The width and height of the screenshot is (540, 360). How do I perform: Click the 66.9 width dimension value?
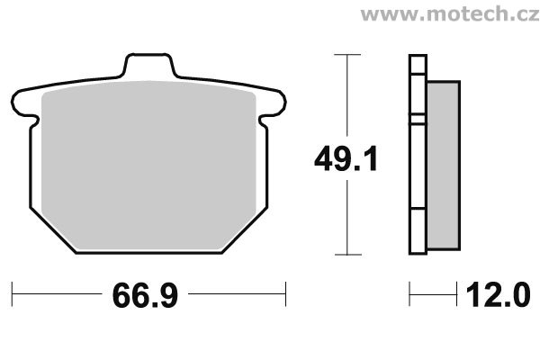[145, 295]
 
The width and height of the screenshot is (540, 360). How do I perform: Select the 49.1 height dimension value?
[346, 158]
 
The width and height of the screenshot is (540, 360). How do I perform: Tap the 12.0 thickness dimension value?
[498, 294]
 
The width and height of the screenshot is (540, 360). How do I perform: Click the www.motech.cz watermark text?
[450, 14]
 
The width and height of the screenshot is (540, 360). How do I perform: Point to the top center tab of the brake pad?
[149, 65]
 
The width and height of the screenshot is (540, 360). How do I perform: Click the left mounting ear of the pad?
[24, 103]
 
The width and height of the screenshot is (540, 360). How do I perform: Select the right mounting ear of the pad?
[273, 103]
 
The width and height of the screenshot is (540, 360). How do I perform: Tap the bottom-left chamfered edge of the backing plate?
[53, 230]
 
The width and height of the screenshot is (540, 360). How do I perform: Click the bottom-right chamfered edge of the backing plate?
[244, 230]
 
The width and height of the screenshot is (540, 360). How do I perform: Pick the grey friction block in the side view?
[444, 166]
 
